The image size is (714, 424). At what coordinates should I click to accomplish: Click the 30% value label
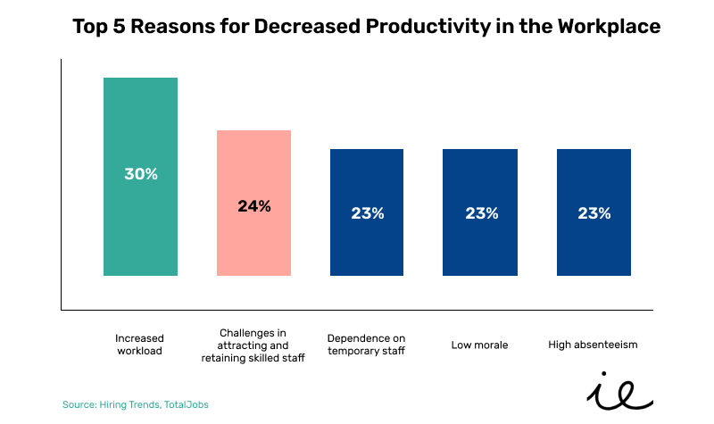140,174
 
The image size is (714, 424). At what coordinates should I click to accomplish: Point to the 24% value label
253,206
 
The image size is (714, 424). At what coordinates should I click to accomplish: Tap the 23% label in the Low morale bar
480,213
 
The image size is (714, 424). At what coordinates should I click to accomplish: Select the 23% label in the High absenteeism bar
594,213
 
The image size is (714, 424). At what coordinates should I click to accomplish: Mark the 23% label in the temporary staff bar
367,213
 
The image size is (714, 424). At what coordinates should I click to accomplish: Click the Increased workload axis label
140,345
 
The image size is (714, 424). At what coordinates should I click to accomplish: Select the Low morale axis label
480,345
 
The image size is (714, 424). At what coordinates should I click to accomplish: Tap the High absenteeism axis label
594,345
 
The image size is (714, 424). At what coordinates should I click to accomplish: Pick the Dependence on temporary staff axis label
367,345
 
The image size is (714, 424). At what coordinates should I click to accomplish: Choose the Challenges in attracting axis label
253,345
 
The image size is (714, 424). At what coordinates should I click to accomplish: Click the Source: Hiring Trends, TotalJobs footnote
135,404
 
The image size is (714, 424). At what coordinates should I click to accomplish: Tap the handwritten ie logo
619,390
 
